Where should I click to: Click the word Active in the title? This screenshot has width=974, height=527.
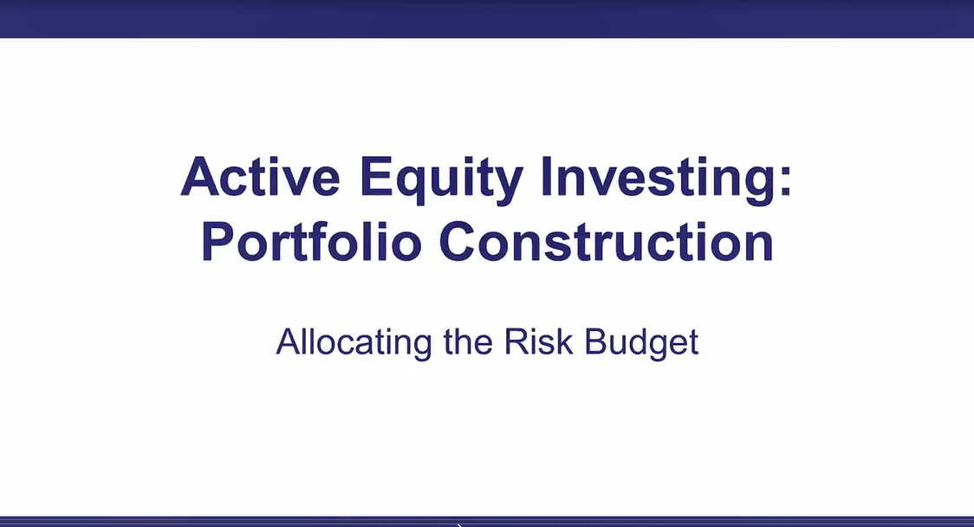point(260,177)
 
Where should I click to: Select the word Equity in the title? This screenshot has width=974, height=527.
point(441,181)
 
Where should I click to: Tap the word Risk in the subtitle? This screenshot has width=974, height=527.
point(538,342)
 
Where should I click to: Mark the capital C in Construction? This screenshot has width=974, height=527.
point(458,241)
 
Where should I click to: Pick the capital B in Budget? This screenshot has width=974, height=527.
point(594,342)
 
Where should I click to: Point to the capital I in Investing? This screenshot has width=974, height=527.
point(547,177)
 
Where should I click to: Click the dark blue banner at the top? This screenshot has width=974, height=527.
point(487,19)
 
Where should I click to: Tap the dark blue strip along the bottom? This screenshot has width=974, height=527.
point(487,522)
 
